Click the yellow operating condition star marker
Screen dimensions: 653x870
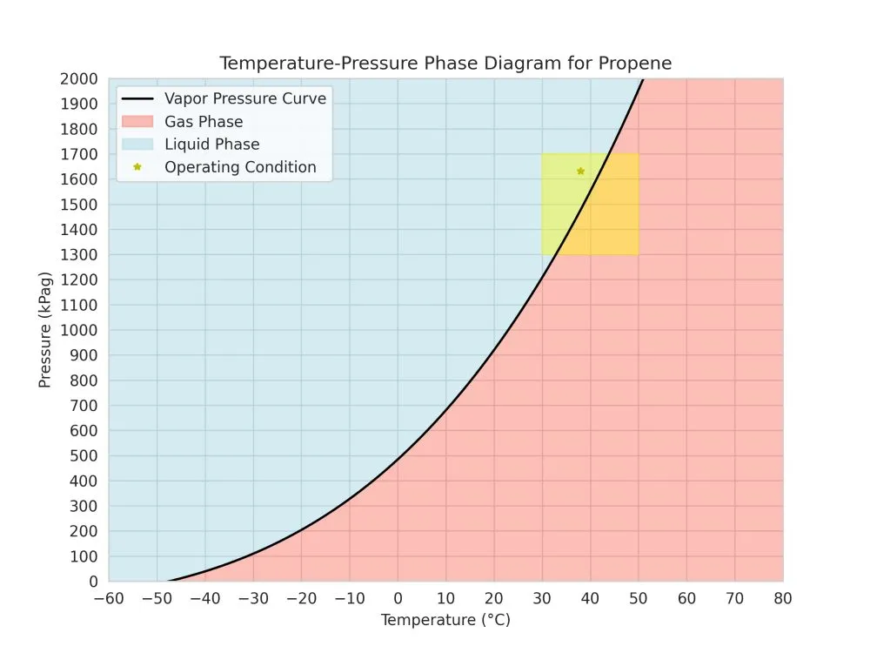(580, 171)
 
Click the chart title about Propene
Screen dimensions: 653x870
(445, 64)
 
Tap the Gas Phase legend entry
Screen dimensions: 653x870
(204, 122)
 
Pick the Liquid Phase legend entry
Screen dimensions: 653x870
(211, 145)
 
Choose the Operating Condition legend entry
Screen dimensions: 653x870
(240, 167)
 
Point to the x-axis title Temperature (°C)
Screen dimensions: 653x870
(445, 620)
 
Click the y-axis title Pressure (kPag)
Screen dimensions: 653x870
(45, 330)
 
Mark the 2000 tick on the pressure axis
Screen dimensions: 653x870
(80, 79)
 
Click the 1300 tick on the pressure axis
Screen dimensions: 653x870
(80, 255)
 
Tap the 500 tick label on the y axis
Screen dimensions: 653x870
(84, 456)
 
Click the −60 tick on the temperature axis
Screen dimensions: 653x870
(109, 598)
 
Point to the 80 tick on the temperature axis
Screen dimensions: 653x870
(783, 598)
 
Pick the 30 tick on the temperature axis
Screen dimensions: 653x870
(542, 598)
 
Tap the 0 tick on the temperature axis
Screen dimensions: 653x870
(398, 598)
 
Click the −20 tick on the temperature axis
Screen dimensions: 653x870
(301, 598)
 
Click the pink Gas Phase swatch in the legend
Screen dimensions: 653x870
(137, 122)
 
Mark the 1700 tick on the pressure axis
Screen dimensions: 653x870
(80, 155)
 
